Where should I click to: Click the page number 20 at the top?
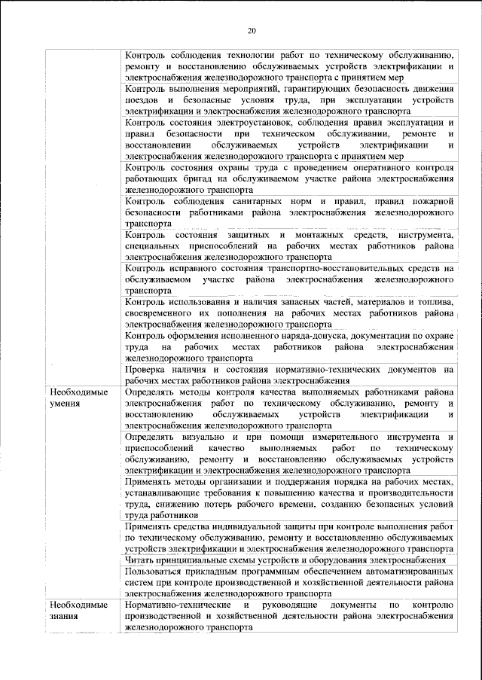pyautogui.click(x=252, y=31)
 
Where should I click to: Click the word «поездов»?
pyautogui.click(x=142, y=100)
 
